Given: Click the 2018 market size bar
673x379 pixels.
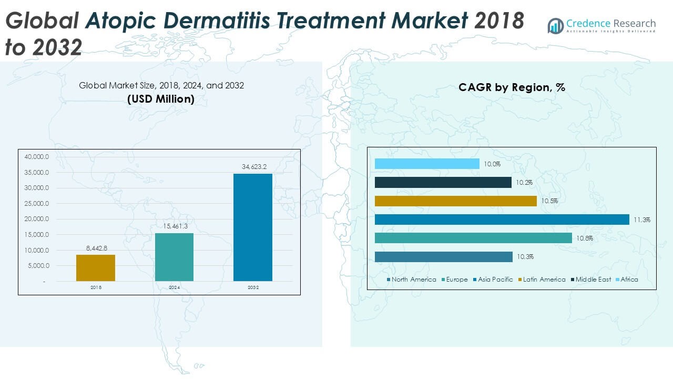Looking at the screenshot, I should tap(96, 268).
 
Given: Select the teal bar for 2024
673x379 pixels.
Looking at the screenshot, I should tap(174, 257).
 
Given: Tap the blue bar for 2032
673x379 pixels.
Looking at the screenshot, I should tap(253, 227).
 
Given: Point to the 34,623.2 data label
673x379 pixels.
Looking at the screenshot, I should tap(254, 167).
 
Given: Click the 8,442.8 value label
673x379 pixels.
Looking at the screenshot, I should tap(96, 248).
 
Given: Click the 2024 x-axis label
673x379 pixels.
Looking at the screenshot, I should tap(174, 288).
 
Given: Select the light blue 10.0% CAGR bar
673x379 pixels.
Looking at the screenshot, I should tap(427, 164).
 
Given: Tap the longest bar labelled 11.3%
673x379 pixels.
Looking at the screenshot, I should tap(502, 220).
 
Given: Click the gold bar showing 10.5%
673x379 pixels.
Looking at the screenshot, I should tap(455, 201).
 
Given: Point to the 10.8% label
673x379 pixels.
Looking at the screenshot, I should tap(584, 238).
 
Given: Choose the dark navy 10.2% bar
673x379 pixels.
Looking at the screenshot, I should tap(443, 182).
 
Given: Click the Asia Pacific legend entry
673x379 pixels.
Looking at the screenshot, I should tap(495, 280).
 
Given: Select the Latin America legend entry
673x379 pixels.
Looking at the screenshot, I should tap(544, 280).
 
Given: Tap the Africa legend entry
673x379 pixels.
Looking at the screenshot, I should tap(629, 280).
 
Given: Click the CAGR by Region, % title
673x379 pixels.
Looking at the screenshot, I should tap(512, 87).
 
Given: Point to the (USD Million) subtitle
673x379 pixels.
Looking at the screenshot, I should tap(161, 98).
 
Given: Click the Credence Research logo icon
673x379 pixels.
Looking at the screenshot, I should tap(555, 26).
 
